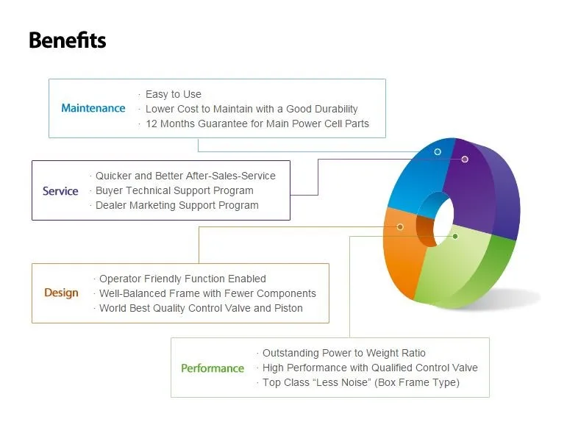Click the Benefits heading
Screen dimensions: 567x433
[x=68, y=40]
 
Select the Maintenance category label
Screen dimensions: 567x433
[x=93, y=108]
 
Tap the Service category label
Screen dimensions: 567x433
[x=60, y=191]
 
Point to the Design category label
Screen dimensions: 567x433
[x=61, y=293]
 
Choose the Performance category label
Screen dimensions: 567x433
[x=213, y=368]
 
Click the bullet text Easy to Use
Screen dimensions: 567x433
[x=174, y=94]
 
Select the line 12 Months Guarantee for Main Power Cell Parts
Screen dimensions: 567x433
[x=257, y=124]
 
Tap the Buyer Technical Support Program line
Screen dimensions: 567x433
[x=174, y=190]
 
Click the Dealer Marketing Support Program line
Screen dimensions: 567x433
[x=176, y=205]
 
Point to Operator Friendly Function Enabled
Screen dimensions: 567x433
[x=182, y=279]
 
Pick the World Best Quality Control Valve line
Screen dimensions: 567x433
[x=201, y=308]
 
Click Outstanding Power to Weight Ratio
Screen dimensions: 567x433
[x=344, y=353]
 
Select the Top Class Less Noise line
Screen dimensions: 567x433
[x=361, y=382]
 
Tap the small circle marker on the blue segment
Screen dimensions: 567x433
[x=438, y=151]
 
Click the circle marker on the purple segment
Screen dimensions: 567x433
[x=465, y=159]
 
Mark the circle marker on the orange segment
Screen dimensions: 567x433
[x=400, y=227]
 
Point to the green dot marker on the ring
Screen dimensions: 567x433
[x=455, y=236]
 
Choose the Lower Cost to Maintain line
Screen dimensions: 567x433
[x=252, y=109]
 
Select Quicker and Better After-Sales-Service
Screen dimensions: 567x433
[x=185, y=176]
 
